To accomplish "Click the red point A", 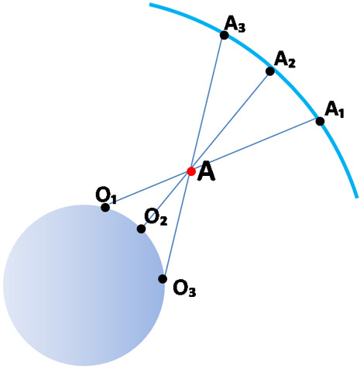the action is click(191, 171).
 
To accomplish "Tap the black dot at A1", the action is click(320, 121).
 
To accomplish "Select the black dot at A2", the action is click(270, 71).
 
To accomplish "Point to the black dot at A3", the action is click(224, 35).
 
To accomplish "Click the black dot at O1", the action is click(105, 208).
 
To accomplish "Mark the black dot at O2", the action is click(141, 229).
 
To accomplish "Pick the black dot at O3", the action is click(163, 279).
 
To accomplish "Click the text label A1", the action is click(334, 109).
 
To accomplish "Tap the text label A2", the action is click(285, 60).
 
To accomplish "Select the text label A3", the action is click(235, 24).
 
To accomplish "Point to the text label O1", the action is click(106, 195).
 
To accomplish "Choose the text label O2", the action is click(156, 217).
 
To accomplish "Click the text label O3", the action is click(184, 288).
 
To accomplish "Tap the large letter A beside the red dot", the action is click(206, 171).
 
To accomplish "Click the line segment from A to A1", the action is click(255, 147).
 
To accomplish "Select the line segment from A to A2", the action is click(231, 121).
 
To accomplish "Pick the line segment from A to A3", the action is click(207, 103).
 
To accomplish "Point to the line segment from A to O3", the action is click(177, 226).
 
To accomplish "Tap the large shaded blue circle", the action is click(84, 285).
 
